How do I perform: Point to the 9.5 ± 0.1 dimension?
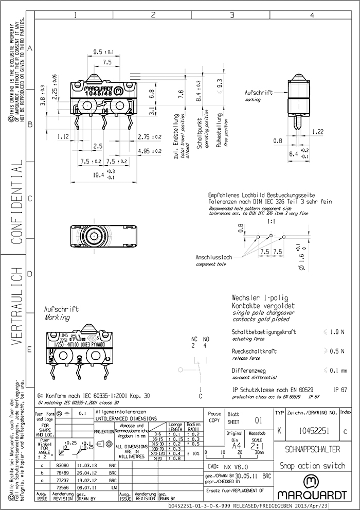click(x=104, y=51)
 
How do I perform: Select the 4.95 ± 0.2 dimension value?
click(x=149, y=151)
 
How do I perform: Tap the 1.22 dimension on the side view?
click(x=318, y=132)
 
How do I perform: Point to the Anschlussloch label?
click(x=214, y=256)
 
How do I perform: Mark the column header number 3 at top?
click(x=232, y=15)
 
